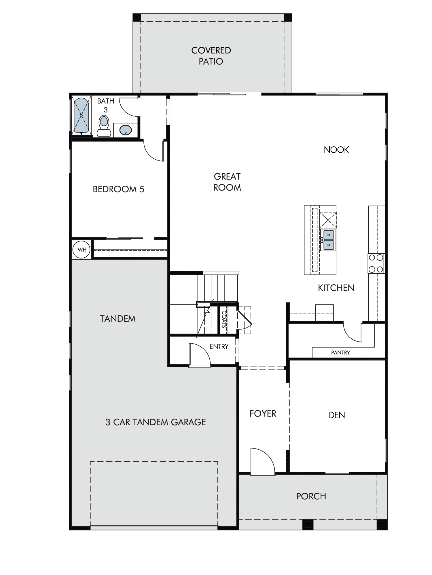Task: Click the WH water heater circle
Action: (82, 250)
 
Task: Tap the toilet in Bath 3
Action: (104, 126)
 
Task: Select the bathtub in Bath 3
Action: (81, 116)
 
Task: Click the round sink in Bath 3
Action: (126, 130)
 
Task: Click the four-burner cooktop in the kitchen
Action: (376, 263)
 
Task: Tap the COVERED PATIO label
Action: (211, 56)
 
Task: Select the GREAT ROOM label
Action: (227, 182)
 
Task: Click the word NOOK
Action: (336, 150)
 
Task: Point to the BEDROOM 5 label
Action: (118, 189)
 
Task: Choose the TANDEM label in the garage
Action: (118, 319)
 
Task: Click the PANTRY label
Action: (340, 352)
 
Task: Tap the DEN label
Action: (337, 415)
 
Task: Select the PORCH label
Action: (311, 497)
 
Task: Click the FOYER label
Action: (263, 414)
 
